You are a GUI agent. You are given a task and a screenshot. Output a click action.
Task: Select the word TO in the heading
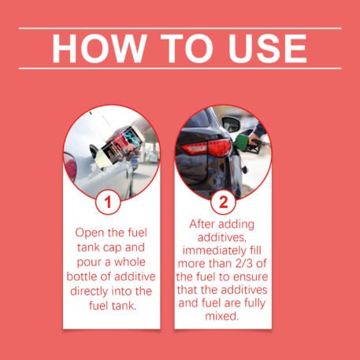[x=187, y=48]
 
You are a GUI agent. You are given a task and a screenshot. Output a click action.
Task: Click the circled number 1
[x=108, y=202]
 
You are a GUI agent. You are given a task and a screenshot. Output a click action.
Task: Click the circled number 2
[x=223, y=202]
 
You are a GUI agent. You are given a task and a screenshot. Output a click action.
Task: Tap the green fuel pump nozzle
[x=247, y=143]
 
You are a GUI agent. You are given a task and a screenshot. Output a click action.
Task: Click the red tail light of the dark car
[x=207, y=147]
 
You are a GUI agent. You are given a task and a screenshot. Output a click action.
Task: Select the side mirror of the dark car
[x=231, y=124]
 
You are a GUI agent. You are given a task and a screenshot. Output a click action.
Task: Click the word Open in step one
[x=86, y=233]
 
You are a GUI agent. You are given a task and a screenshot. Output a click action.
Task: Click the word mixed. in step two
[x=222, y=316]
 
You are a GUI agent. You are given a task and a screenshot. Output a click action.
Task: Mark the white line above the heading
[x=180, y=28]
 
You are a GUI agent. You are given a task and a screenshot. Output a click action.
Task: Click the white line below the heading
[x=180, y=69]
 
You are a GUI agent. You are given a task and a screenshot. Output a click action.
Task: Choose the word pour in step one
[x=87, y=262]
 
